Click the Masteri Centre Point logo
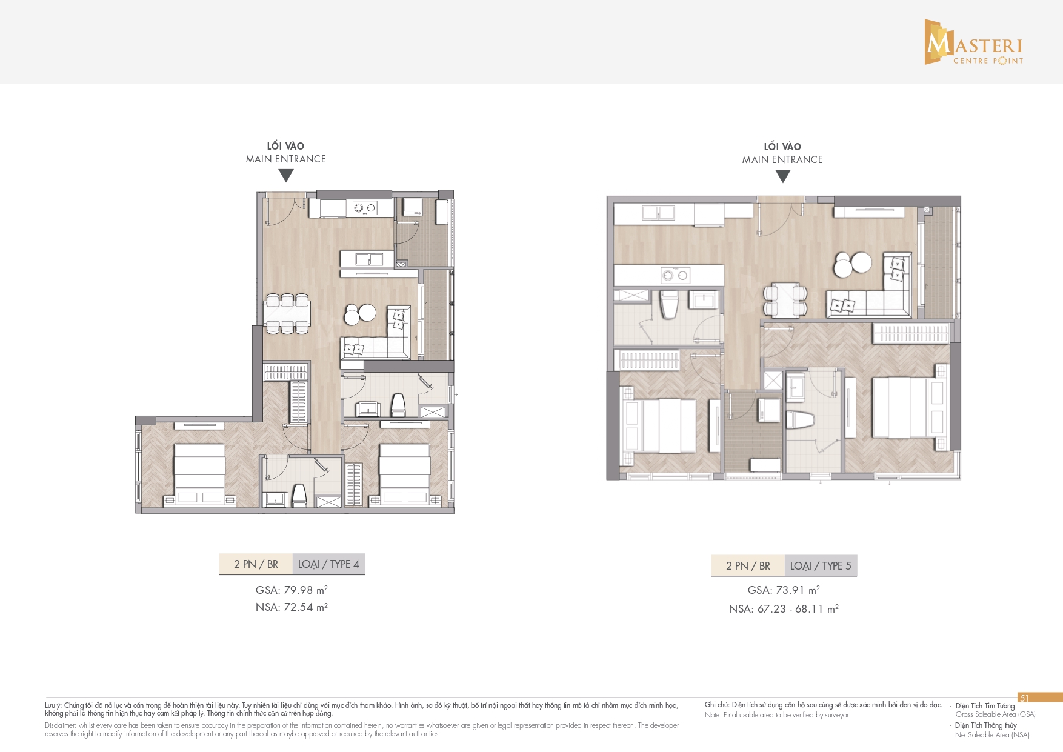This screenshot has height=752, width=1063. pyautogui.click(x=974, y=42)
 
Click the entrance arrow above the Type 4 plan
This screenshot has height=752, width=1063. pyautogui.click(x=286, y=175)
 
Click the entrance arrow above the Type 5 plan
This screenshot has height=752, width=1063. pyautogui.click(x=783, y=176)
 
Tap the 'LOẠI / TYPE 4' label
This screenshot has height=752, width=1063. pyautogui.click(x=328, y=564)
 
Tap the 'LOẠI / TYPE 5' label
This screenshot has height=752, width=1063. pyautogui.click(x=821, y=566)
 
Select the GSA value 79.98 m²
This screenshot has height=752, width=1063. pyautogui.click(x=305, y=590)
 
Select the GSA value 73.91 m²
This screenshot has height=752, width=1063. pyautogui.click(x=798, y=590)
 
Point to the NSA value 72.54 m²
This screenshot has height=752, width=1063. pyautogui.click(x=305, y=607)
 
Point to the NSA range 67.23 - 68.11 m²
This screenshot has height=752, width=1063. pyautogui.click(x=798, y=609)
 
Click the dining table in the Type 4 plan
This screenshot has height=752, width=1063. pyautogui.click(x=287, y=314)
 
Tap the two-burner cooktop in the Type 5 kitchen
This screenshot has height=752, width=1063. pyautogui.click(x=675, y=275)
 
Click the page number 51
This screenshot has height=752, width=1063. pyautogui.click(x=1024, y=698)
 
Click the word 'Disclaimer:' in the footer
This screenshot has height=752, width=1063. pyautogui.click(x=60, y=725)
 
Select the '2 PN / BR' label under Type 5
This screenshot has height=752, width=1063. pyautogui.click(x=748, y=566)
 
